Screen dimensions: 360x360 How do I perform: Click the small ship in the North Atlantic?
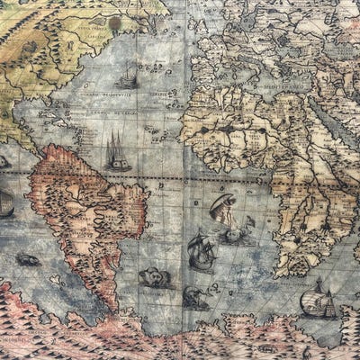point(127,78)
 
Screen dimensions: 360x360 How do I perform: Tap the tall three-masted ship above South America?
point(117,151)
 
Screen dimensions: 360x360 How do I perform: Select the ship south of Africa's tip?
point(318,299)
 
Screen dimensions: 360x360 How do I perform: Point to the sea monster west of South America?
point(27,260)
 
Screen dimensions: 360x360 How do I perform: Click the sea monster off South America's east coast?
point(156,278)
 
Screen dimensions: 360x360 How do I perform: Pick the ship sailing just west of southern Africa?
point(202,251)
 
